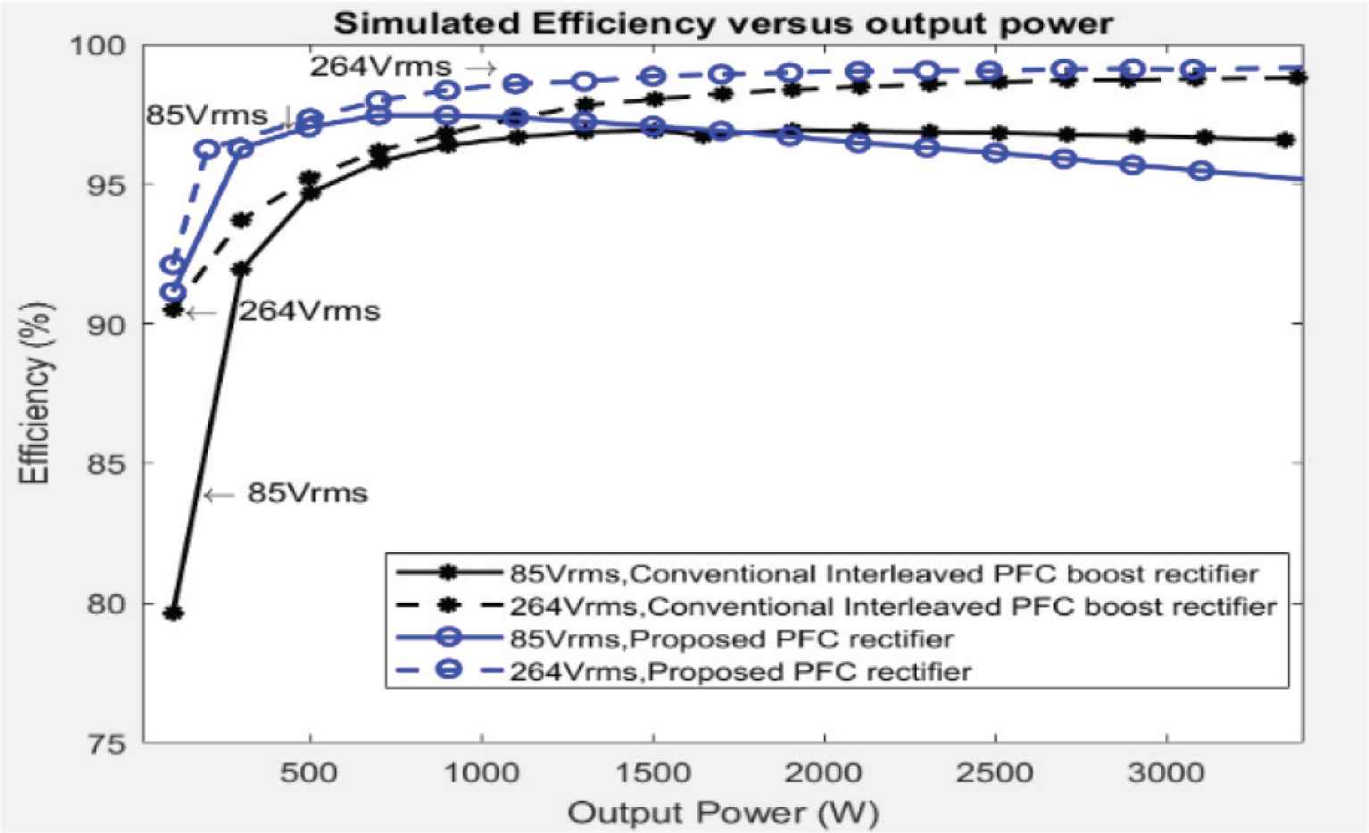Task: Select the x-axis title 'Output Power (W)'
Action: pos(723,812)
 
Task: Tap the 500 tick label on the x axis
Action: pos(309,772)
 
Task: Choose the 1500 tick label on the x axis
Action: pos(653,772)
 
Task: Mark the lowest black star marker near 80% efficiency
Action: pos(174,613)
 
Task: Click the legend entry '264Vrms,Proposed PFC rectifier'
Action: pos(740,671)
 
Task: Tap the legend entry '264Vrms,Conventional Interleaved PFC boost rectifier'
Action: pos(892,606)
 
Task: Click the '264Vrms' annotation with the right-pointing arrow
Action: pos(381,67)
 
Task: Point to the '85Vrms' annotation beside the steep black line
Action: pos(307,493)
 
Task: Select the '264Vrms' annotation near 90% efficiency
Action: pos(309,311)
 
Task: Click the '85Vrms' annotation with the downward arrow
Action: pos(207,115)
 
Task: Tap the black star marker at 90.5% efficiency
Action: pos(174,309)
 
